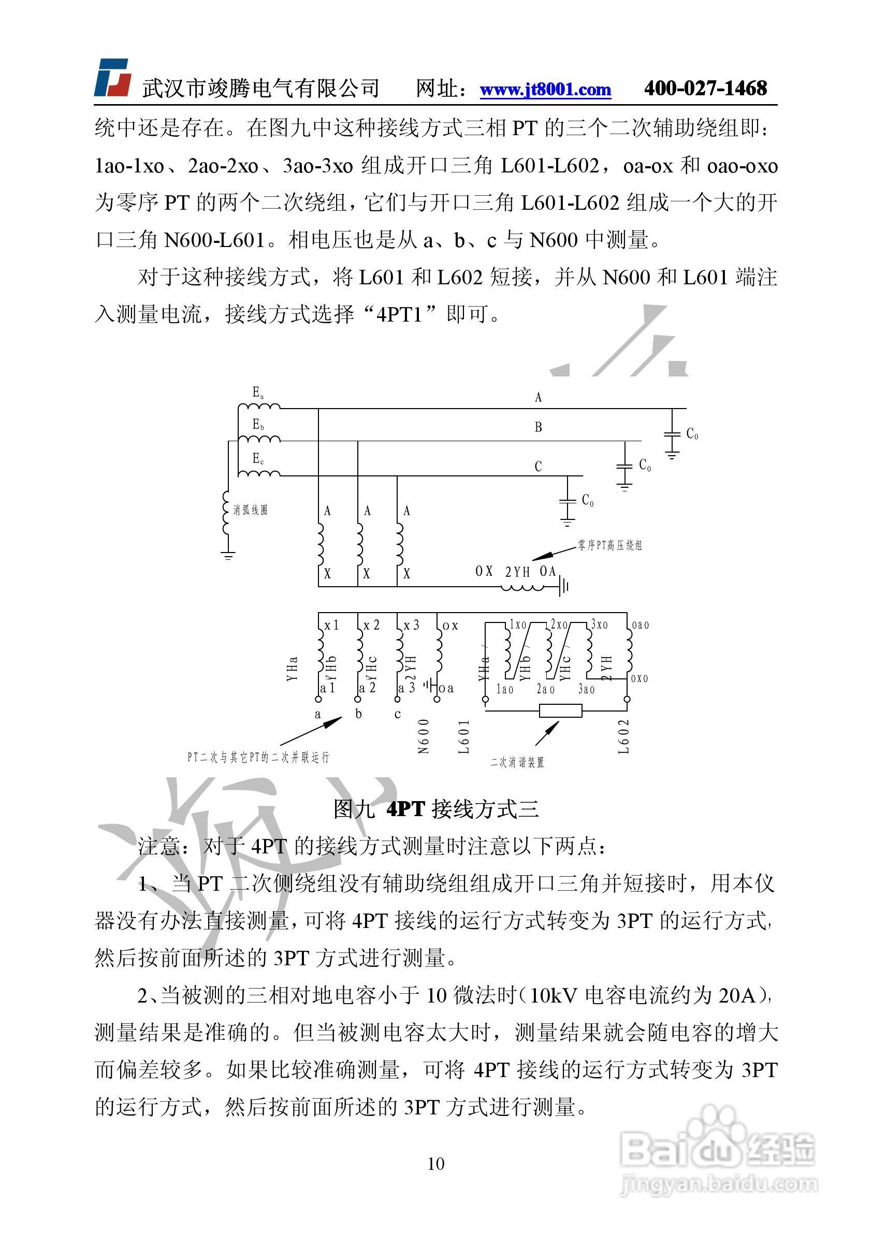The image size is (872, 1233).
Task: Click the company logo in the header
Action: [x=113, y=78]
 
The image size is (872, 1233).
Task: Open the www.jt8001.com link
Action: [x=545, y=89]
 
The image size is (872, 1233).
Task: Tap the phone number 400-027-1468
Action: [x=705, y=88]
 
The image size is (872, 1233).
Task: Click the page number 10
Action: [x=435, y=1163]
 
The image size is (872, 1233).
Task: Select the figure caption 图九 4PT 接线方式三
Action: [x=435, y=809]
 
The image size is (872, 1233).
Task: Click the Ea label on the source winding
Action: [x=258, y=393]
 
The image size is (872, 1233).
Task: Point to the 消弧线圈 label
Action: [x=250, y=510]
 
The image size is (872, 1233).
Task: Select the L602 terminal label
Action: [x=623, y=737]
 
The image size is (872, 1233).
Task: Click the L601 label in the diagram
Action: [x=464, y=737]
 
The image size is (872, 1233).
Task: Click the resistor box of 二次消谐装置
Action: [x=560, y=711]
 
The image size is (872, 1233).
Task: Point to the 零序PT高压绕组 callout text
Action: [x=609, y=546]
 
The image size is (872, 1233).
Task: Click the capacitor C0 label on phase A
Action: [x=692, y=434]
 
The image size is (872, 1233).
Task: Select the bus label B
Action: [x=538, y=427]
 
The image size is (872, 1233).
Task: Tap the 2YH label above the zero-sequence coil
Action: [x=517, y=572]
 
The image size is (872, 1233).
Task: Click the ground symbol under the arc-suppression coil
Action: [x=228, y=555]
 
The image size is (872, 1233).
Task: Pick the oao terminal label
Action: [x=640, y=625]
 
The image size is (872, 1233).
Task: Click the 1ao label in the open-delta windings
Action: [x=505, y=689]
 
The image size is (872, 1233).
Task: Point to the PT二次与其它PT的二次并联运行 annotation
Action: [x=258, y=757]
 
